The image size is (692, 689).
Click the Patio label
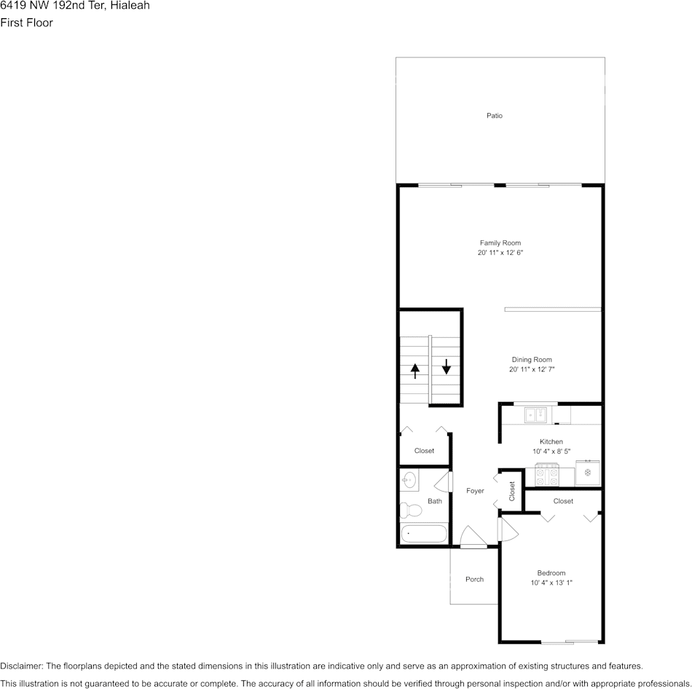pos(495,116)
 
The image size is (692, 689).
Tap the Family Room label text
pos(500,243)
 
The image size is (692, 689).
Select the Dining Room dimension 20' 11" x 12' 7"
pos(532,370)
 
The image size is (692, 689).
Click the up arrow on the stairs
pos(415,371)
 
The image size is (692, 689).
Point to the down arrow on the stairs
pos(447,366)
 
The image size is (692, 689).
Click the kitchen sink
pos(536,415)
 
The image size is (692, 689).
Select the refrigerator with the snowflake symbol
pos(588,473)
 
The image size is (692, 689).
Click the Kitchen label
pos(551,441)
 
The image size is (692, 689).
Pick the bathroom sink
pos(409,480)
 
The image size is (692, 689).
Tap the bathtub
pos(423,534)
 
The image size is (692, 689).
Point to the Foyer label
pos(475,491)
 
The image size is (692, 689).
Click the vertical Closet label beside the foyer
pos(512,491)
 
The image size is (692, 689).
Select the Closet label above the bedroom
pos(563,501)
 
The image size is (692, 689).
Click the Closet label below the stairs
pos(424,451)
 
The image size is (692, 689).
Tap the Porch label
pos(474,579)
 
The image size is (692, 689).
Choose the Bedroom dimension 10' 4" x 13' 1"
pos(551,583)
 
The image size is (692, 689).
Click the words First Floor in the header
pos(26,23)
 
